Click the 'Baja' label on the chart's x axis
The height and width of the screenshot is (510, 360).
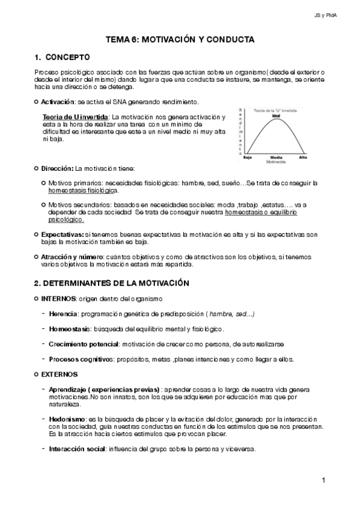click(x=247, y=157)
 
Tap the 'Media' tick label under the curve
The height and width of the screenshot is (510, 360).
click(x=276, y=157)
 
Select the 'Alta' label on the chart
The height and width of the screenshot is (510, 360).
click(x=303, y=157)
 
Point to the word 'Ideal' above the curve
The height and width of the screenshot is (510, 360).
click(x=276, y=115)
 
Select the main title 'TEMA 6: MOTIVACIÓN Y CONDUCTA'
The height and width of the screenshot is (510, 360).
click(x=180, y=39)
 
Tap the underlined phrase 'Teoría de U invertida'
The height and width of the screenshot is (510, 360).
click(x=76, y=116)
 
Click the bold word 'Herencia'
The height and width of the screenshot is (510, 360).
click(x=63, y=313)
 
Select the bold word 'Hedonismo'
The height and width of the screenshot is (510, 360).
click(x=67, y=417)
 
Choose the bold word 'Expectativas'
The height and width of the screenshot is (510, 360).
click(x=63, y=233)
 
